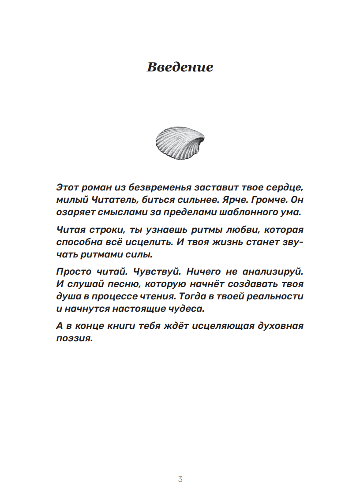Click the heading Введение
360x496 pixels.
(180, 67)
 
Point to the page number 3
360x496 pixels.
(180, 479)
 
